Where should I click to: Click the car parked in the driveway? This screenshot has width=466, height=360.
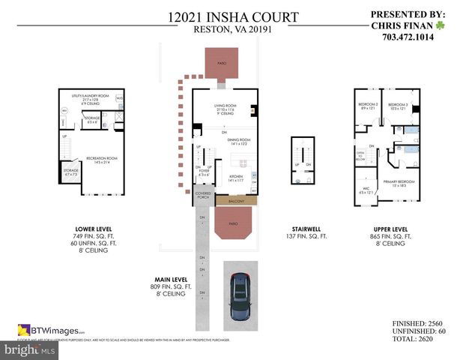pos(240,297)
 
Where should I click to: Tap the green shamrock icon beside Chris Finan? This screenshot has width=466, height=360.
pos(441,24)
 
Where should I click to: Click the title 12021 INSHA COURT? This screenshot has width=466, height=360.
pos(233,16)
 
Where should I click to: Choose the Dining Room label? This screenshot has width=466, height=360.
pos(240,140)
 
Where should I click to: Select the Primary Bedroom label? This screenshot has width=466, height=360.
pos(396,182)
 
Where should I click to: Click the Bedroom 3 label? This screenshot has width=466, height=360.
pos(398,105)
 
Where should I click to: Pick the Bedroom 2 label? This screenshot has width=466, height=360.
pos(367,105)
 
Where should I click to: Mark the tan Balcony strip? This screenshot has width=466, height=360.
pos(237,201)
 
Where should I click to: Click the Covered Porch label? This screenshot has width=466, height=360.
pos(204,196)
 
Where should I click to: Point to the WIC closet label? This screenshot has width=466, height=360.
pos(366,189)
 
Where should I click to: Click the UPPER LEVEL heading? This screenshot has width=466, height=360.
pos(390,229)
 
